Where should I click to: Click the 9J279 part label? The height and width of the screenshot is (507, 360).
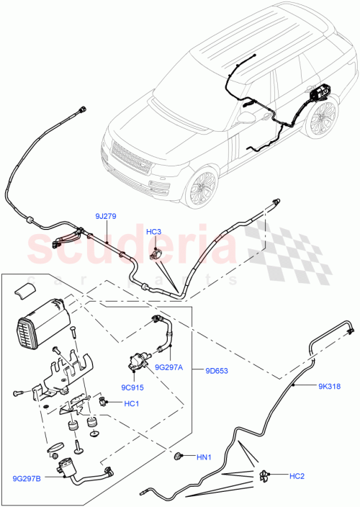tap(105, 216)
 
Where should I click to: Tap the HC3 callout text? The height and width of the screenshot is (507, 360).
tap(154, 233)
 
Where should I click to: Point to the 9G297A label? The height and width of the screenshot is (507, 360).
tap(169, 367)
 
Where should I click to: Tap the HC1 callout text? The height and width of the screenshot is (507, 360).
tap(131, 403)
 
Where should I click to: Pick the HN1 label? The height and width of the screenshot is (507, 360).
tap(204, 457)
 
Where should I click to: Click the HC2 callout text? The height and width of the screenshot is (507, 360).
tap(297, 476)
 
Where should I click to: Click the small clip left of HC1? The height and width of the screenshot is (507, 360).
tap(104, 400)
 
